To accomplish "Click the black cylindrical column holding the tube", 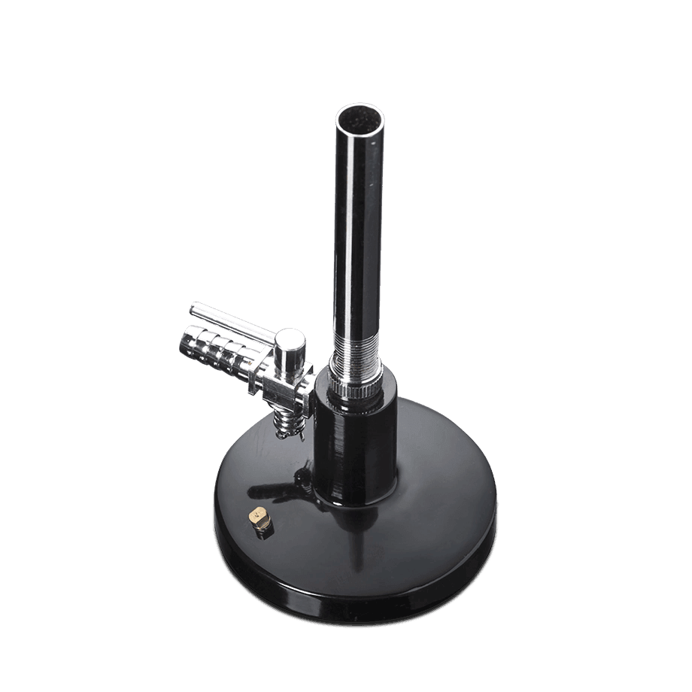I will click(353, 444).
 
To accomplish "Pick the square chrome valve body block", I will click(290, 387).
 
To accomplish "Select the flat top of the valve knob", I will click(290, 338).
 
